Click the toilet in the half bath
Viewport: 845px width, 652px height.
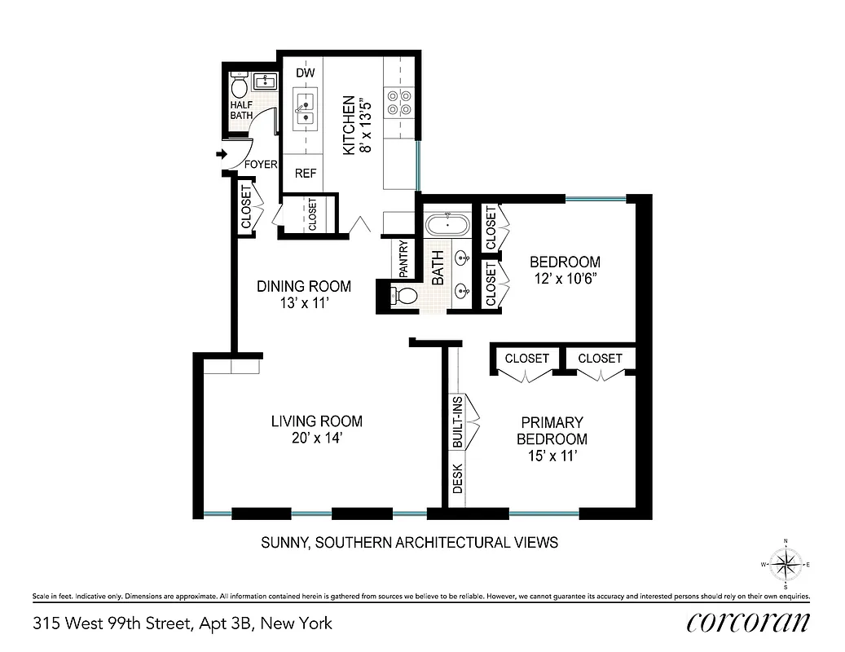click(x=240, y=85)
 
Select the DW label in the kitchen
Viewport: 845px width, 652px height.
click(x=305, y=73)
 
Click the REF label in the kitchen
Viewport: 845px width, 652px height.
click(x=306, y=173)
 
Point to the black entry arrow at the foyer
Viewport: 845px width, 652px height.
click(x=221, y=153)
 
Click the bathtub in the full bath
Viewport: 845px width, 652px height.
click(x=447, y=223)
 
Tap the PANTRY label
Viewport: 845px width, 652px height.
click(x=403, y=258)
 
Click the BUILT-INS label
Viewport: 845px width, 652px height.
click(x=457, y=422)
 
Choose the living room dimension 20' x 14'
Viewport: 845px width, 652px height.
click(x=316, y=438)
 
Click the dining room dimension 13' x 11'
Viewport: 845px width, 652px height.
click(x=304, y=302)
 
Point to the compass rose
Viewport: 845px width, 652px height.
click(x=786, y=563)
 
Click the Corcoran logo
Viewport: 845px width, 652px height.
click(x=747, y=623)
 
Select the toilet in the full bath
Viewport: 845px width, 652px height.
click(x=403, y=294)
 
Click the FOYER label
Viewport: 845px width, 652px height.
click(x=262, y=165)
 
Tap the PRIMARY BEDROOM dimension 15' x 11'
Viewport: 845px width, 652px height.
click(x=553, y=456)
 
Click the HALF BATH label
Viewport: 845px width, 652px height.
click(x=241, y=110)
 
